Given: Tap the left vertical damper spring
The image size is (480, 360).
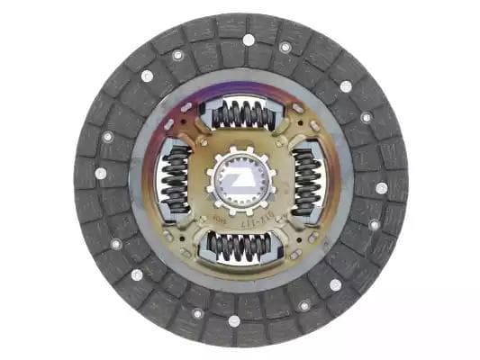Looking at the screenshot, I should coord(174,181).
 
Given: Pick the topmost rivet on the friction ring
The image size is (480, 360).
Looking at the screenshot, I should coord(249,40).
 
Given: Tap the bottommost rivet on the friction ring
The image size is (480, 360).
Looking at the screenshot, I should coord(234,320).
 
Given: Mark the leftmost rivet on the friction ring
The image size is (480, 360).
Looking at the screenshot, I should coord(100,174).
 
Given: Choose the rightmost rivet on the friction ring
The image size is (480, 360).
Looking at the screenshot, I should coord(381,188).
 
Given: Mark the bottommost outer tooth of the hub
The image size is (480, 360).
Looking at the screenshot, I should coord(240,212).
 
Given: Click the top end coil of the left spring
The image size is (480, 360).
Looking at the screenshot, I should coord(174,156).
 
